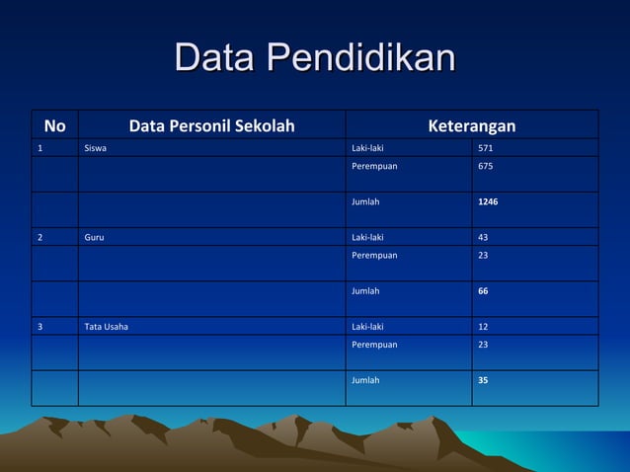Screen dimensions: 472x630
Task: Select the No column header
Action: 55,125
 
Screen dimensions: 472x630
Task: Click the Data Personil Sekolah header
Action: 211,125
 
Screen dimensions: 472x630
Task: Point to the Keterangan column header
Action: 471,125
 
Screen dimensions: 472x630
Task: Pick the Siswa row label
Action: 96,148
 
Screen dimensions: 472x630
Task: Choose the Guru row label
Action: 95,237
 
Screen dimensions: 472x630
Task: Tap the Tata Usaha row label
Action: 107,326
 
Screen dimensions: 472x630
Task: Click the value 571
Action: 486,148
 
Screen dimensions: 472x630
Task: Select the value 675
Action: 486,166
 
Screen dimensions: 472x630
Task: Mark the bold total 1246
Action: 488,201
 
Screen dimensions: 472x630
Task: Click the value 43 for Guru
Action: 483,237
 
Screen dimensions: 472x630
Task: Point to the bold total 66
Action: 483,291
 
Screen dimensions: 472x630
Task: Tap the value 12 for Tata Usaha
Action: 483,326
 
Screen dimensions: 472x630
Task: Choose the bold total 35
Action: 483,380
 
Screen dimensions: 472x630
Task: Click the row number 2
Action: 40,237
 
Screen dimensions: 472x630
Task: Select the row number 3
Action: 40,326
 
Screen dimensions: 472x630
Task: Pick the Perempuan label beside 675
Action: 374,166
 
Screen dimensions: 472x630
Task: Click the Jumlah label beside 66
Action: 365,291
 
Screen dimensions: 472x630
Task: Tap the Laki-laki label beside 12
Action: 368,326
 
